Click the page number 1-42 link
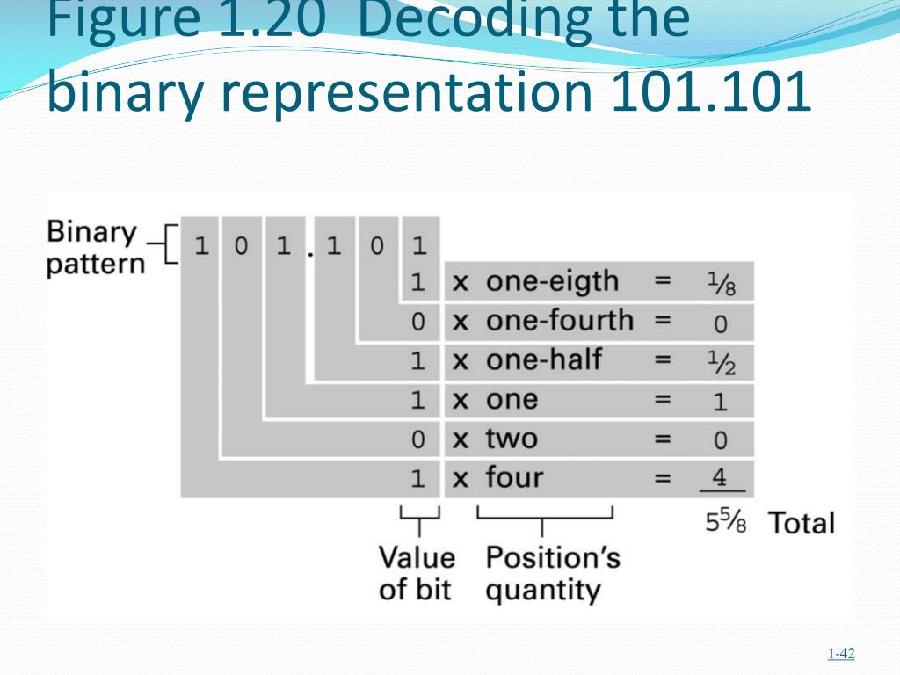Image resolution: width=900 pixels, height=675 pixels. click(841, 653)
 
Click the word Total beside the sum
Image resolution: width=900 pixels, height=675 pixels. click(802, 523)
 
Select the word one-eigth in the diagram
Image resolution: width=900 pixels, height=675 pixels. click(552, 282)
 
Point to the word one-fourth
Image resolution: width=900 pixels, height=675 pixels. click(559, 321)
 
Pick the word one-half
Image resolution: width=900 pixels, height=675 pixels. click(543, 359)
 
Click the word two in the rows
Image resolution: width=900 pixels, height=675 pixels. click(512, 438)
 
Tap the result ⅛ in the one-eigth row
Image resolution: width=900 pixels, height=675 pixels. click(720, 283)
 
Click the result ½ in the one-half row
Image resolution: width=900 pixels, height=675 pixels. click(720, 361)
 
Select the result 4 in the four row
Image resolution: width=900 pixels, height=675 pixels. click(720, 478)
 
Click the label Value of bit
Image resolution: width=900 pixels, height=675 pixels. click(417, 573)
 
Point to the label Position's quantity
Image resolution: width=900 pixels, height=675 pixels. click(552, 573)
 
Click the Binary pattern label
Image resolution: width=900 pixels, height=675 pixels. click(92, 248)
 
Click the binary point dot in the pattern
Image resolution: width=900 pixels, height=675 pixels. click(310, 253)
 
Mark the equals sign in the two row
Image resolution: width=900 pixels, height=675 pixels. click(662, 438)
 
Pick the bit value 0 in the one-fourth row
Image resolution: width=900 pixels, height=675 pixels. click(418, 322)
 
